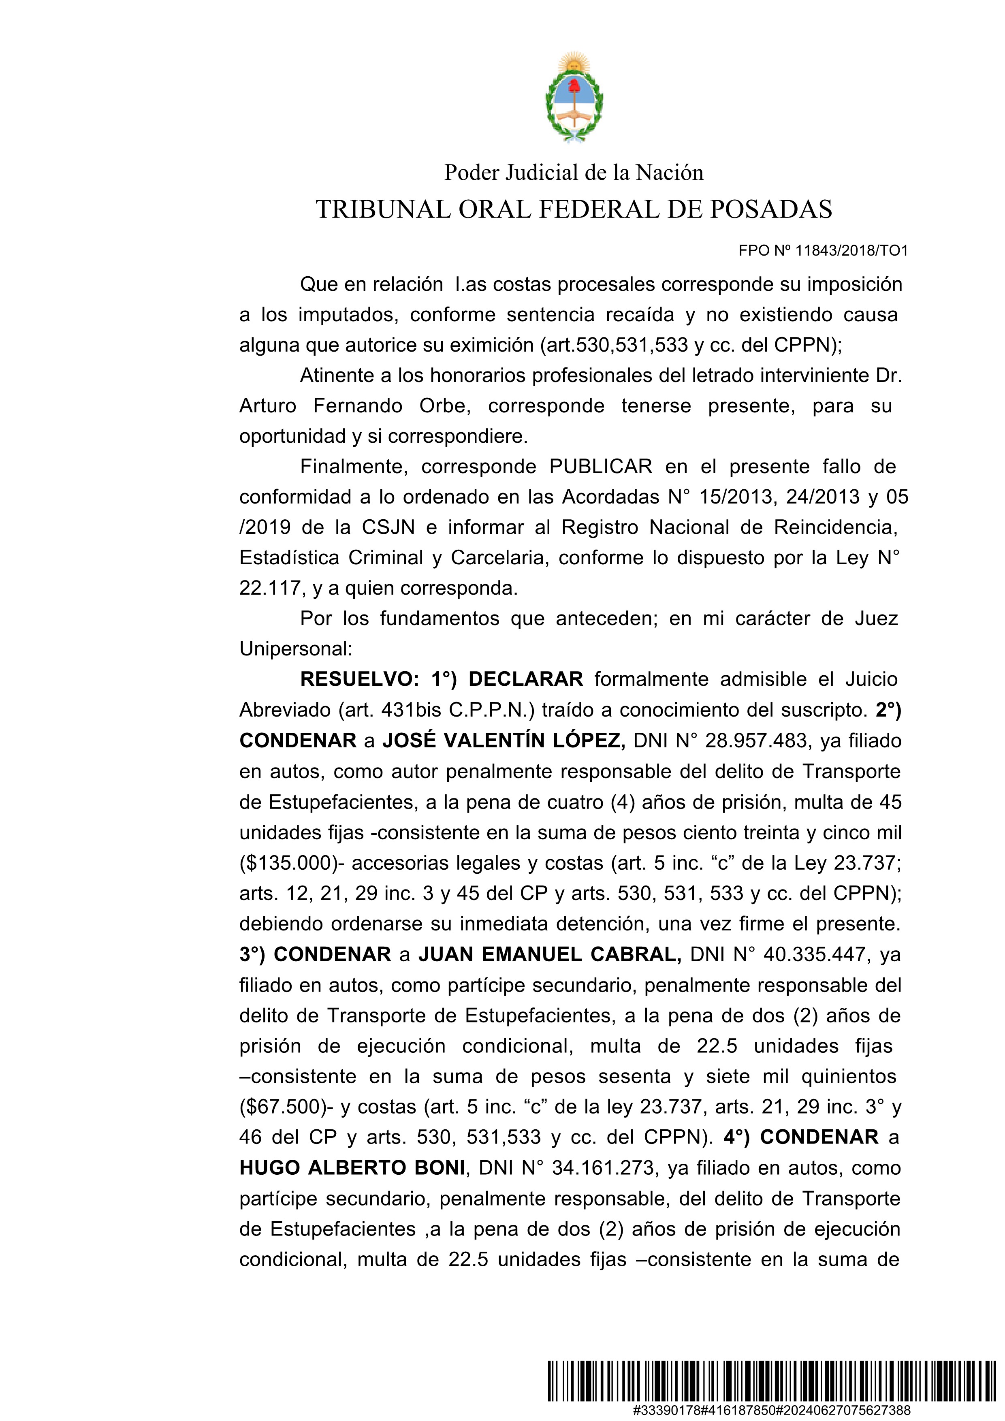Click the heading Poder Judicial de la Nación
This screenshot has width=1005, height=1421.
[x=574, y=173]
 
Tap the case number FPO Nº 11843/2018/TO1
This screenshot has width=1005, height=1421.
[x=823, y=251]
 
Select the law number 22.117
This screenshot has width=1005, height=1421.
[x=270, y=588]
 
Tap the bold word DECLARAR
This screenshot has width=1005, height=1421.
[x=525, y=680]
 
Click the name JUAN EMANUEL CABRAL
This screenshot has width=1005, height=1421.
[x=550, y=954]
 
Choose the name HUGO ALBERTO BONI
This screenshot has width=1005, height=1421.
[x=352, y=1168]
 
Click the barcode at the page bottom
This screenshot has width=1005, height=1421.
[x=770, y=1380]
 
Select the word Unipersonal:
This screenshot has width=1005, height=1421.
[x=296, y=649]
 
